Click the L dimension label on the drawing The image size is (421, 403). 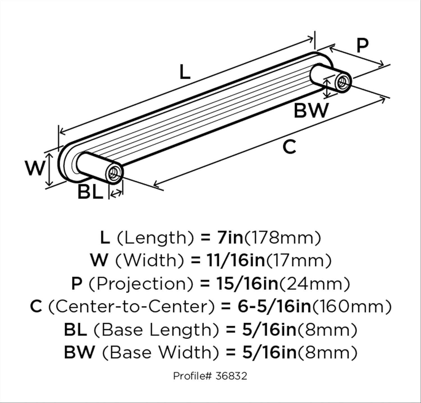[x=185, y=72]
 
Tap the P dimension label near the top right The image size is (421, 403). [x=362, y=46]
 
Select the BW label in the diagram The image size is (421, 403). [x=311, y=111]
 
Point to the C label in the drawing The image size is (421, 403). [x=289, y=147]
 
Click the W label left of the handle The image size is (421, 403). [x=35, y=168]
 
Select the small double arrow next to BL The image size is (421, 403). [x=116, y=193]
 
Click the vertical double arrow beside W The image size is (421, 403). [x=49, y=170]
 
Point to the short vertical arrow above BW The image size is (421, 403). [x=327, y=88]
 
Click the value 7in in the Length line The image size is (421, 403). [x=230, y=238]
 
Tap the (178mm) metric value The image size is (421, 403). [x=282, y=238]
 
